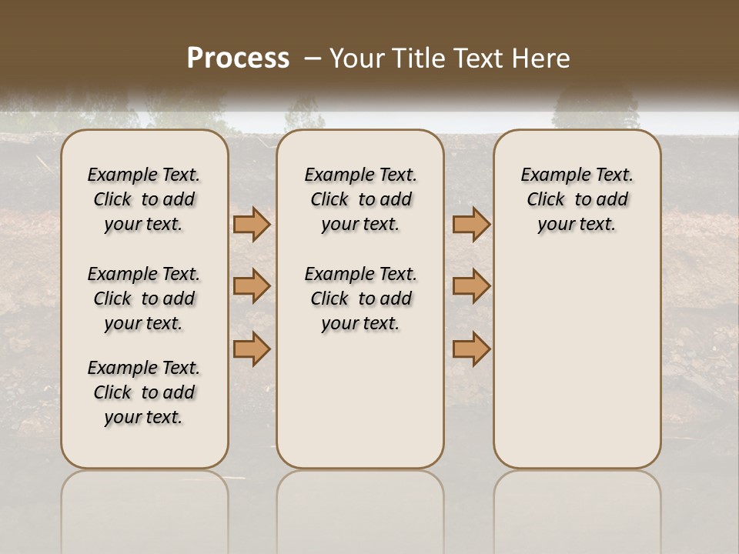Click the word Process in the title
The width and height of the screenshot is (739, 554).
pyautogui.click(x=238, y=58)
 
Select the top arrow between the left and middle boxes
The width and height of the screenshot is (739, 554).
pyautogui.click(x=251, y=224)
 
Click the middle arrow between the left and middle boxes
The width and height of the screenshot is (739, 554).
pyautogui.click(x=251, y=286)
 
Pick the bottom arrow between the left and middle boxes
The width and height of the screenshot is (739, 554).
pyautogui.click(x=251, y=349)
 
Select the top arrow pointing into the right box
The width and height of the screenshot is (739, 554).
pyautogui.click(x=471, y=224)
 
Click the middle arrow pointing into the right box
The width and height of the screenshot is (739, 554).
pyautogui.click(x=471, y=286)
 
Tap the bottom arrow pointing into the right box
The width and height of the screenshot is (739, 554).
pyautogui.click(x=471, y=349)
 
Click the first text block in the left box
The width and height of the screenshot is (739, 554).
pyautogui.click(x=144, y=199)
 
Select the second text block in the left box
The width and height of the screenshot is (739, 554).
pyautogui.click(x=144, y=299)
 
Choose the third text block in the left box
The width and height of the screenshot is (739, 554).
pyautogui.click(x=144, y=392)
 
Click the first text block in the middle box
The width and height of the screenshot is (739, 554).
pyautogui.click(x=360, y=199)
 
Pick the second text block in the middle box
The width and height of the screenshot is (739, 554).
pyautogui.click(x=360, y=299)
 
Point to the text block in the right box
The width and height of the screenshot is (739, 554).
pyautogui.click(x=577, y=199)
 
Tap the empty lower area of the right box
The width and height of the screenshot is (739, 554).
pyautogui.click(x=577, y=362)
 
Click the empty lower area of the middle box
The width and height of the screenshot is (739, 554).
pyautogui.click(x=360, y=400)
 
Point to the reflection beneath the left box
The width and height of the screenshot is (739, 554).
pyautogui.click(x=145, y=508)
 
